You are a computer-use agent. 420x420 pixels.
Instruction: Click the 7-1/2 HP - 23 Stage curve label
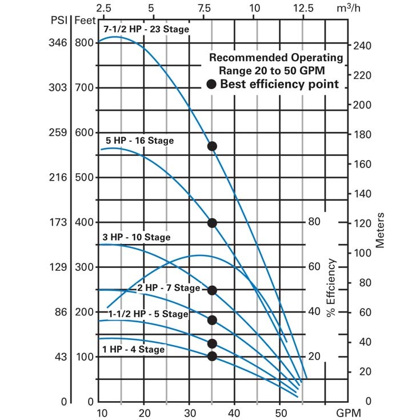pyautogui.click(x=146, y=29)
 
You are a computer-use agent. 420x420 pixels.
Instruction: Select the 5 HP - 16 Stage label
pyautogui.click(x=139, y=140)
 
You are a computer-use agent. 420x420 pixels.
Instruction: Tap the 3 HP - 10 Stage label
pyautogui.click(x=136, y=237)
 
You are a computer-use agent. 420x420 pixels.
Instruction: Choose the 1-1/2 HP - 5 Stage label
pyautogui.click(x=147, y=314)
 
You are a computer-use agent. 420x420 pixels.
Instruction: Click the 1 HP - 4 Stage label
pyautogui.click(x=133, y=349)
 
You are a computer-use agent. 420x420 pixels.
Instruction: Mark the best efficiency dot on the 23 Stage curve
pyautogui.click(x=212, y=146)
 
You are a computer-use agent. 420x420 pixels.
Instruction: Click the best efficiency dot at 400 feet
pyautogui.click(x=212, y=223)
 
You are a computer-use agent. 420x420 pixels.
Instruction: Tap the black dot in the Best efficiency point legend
pyautogui.click(x=212, y=84)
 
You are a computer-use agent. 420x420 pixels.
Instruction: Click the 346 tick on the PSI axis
pyautogui.click(x=58, y=43)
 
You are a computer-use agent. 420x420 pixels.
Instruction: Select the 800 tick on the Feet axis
pyautogui.click(x=85, y=43)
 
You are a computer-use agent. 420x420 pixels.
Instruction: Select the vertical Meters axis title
pyautogui.click(x=380, y=230)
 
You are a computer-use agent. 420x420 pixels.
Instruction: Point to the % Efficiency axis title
pyautogui.click(x=331, y=287)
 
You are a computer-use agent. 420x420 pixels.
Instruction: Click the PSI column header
pyautogui.click(x=58, y=22)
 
